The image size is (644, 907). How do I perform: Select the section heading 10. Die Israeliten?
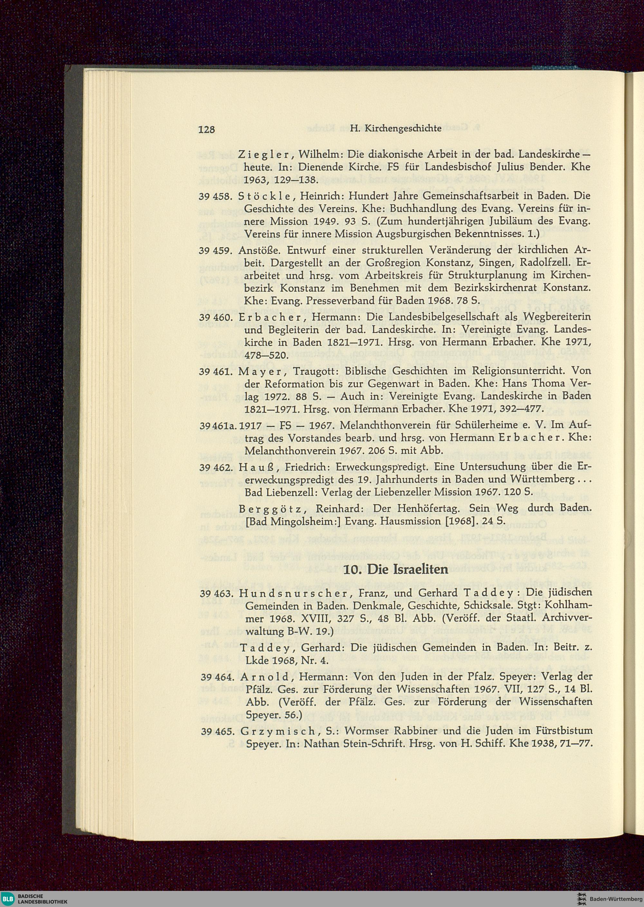[395, 569]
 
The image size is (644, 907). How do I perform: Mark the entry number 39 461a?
[219, 425]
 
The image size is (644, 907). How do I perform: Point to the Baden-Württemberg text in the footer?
[615, 898]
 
